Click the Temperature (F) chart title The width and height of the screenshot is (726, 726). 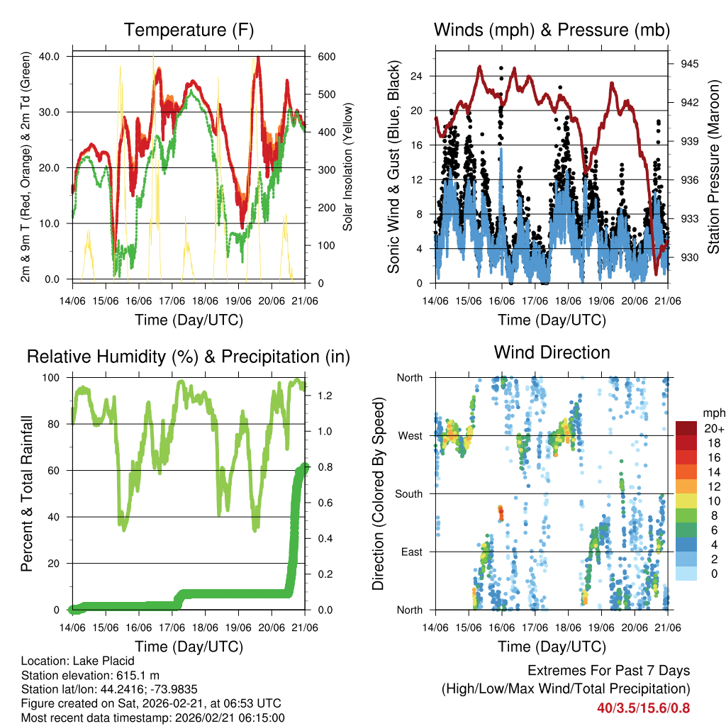coord(189,30)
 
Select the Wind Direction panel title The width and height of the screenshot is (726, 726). coord(552,352)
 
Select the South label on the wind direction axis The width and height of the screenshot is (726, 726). coord(409,493)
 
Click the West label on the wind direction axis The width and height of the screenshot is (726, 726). coord(411,435)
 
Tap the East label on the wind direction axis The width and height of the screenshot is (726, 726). coord(412,552)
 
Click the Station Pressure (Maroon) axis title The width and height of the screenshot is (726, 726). coord(713,167)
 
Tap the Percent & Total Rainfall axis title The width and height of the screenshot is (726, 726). coord(27,494)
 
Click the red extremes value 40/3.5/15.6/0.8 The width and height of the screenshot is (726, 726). coord(643,708)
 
